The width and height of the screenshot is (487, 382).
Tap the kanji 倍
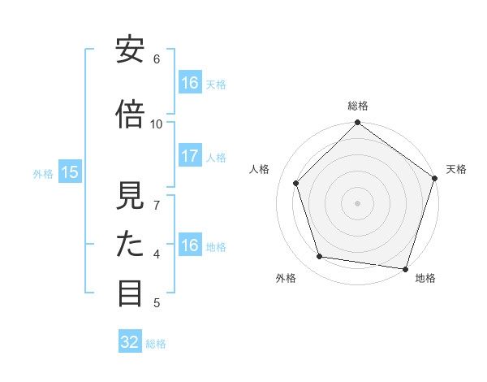tap(130, 115)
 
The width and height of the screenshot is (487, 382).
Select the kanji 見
tap(130, 196)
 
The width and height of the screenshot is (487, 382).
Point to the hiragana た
tap(130, 245)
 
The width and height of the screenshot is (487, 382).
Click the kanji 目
tap(130, 293)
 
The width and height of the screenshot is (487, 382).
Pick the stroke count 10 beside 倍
tap(157, 124)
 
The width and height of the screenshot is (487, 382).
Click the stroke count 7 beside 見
tap(157, 205)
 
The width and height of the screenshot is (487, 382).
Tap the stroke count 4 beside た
tap(157, 254)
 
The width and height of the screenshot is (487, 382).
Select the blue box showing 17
tap(190, 157)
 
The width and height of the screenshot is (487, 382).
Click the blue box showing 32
tap(130, 342)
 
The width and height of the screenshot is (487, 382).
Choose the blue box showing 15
tap(70, 172)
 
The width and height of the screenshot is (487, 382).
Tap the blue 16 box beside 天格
tap(190, 83)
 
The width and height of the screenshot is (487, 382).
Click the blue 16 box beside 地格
tap(190, 245)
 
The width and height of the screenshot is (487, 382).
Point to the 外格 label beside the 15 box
tap(43, 173)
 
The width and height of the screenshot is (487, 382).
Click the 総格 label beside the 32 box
tap(156, 343)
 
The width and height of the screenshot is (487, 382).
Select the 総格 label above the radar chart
tap(357, 106)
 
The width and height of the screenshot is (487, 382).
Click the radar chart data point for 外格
tap(320, 257)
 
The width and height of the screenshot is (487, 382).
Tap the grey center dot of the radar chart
tap(357, 202)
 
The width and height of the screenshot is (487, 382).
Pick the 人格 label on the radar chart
tap(260, 169)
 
